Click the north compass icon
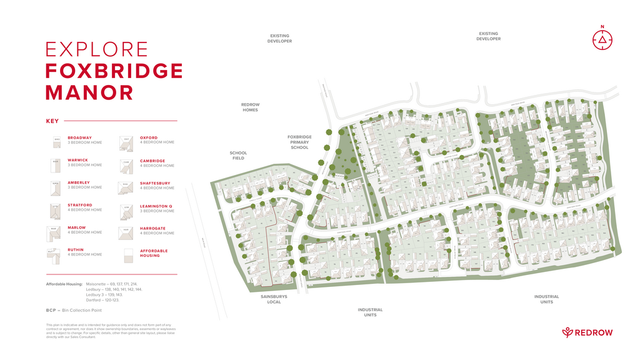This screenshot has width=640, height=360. (x=602, y=39)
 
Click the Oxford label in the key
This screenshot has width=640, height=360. (x=149, y=137)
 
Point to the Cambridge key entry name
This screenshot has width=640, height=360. (x=152, y=161)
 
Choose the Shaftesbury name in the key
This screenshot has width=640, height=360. (x=155, y=183)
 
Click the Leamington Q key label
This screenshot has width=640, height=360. (x=156, y=206)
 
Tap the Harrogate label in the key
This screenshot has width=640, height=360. (x=152, y=228)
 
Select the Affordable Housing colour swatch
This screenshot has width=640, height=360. (x=127, y=255)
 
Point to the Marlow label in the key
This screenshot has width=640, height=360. (x=77, y=227)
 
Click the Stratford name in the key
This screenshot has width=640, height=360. (x=80, y=205)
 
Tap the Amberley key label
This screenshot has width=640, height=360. (x=79, y=182)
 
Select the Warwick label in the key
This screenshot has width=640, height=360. (x=78, y=160)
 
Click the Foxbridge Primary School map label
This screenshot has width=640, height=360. (x=299, y=142)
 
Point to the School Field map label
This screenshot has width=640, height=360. (x=238, y=156)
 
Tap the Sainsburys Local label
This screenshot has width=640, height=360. (x=274, y=299)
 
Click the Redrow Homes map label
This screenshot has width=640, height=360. (x=250, y=107)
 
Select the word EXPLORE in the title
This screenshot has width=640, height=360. (x=97, y=49)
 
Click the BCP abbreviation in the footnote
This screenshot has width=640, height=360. (x=51, y=310)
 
